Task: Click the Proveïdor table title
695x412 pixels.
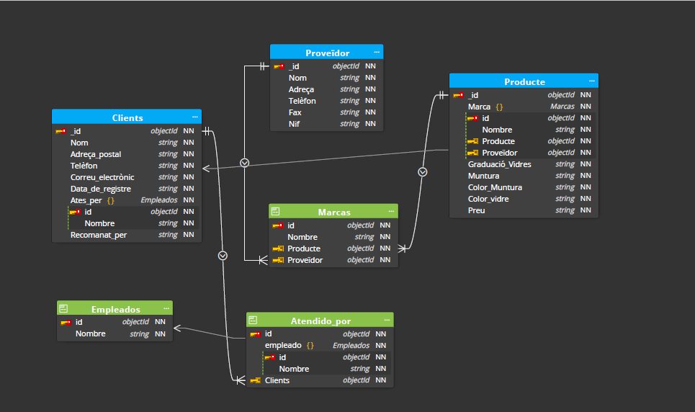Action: point(327,53)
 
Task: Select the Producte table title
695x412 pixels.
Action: point(524,81)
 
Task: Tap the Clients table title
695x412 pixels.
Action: point(127,117)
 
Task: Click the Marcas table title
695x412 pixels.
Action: point(333,212)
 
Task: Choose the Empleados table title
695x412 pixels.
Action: point(115,309)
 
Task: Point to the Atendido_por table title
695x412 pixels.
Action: point(320,321)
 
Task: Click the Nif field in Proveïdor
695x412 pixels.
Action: point(295,124)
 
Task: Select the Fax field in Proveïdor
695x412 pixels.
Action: point(295,112)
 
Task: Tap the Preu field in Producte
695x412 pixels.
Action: point(476,210)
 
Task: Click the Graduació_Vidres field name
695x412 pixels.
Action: point(499,164)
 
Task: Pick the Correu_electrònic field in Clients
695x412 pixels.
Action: point(102,177)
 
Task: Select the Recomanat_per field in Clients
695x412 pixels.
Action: point(98,235)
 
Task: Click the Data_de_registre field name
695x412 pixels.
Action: point(100,189)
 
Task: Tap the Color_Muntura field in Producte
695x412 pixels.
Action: point(495,187)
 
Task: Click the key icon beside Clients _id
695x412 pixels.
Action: point(60,131)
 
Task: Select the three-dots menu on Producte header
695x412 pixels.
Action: point(591,81)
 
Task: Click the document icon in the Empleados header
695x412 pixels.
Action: point(63,308)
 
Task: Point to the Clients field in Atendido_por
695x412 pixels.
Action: point(277,380)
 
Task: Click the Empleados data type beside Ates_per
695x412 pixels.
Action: point(159,200)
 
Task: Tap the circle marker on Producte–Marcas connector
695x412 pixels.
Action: point(423,172)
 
